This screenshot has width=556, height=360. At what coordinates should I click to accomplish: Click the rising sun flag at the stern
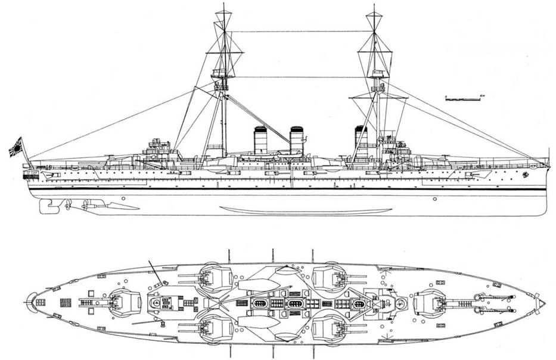click(15, 146)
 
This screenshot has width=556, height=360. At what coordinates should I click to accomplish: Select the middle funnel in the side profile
click(296, 141)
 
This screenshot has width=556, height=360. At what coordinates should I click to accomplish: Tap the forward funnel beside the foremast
click(361, 141)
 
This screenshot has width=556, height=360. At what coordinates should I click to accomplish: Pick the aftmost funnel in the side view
click(260, 141)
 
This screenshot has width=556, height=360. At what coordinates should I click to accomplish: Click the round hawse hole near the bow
click(525, 175)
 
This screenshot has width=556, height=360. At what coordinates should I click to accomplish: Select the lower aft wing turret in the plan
click(216, 328)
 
